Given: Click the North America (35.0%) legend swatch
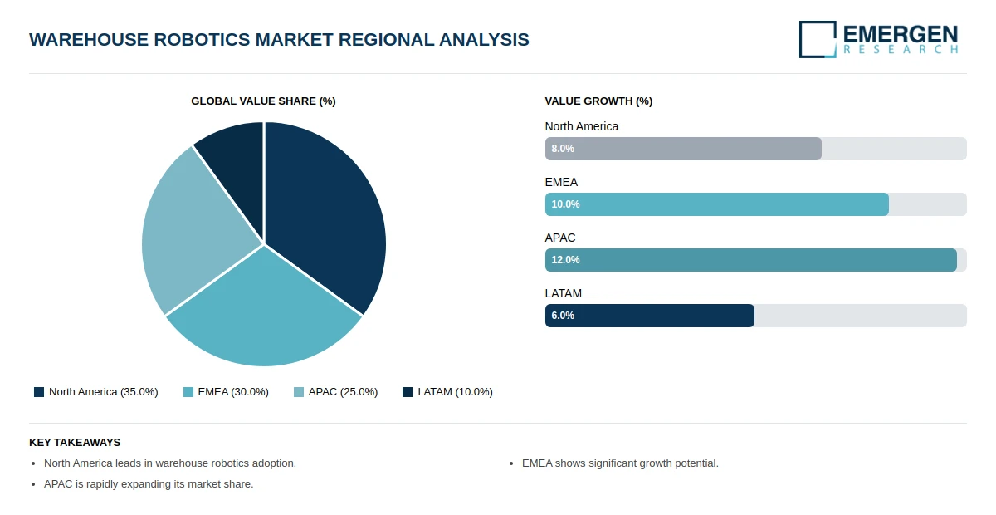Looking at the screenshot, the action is pos(39,392).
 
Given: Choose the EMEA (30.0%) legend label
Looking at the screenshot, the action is pos(233,392).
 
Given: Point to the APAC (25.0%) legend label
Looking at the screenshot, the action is pos(344,392).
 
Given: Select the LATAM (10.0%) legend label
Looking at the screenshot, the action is pos(456,392).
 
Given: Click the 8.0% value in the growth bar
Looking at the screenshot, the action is pos(563,149).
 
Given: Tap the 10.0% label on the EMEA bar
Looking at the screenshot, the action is pos(565,204).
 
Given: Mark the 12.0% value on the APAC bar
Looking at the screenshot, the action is pos(565,260).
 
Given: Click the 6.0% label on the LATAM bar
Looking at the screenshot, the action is pos(563,316).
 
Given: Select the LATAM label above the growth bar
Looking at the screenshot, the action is pos(564,294).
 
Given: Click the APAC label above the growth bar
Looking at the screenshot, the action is pos(560,238).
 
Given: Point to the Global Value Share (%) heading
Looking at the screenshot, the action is pos(263,101).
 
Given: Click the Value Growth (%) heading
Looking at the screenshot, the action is pos(598,101).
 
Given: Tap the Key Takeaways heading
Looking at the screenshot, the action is pos(75,443).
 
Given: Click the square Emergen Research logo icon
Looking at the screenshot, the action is pos(818,39).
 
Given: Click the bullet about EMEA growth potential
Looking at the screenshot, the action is pos(620,463).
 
